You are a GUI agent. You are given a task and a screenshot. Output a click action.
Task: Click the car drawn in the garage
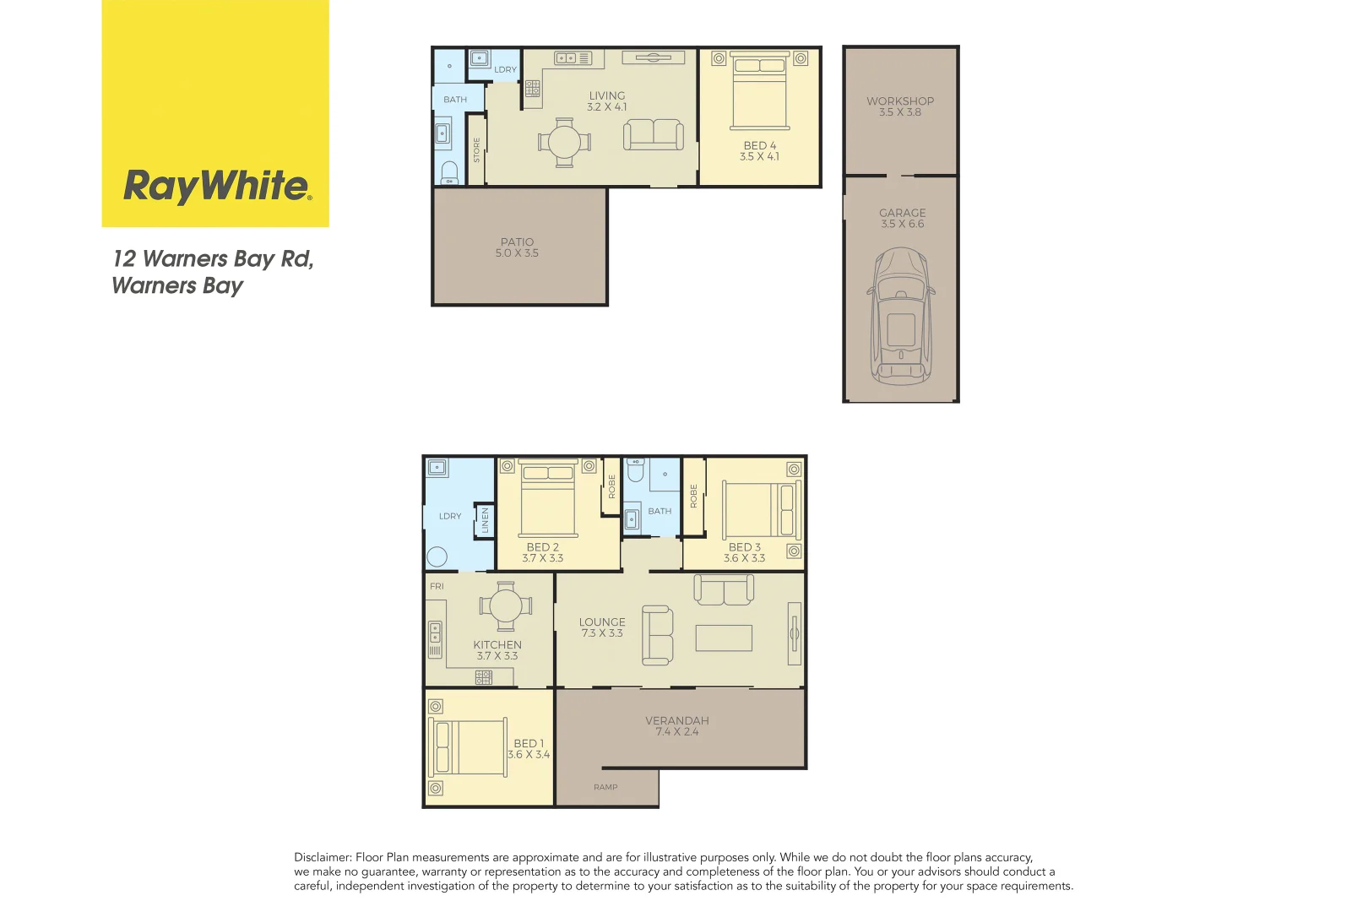coord(901,317)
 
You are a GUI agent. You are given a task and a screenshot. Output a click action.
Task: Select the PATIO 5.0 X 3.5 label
coord(517,247)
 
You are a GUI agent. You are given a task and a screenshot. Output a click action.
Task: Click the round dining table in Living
coord(564,142)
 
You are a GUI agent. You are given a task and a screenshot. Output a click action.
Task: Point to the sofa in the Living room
coord(654,135)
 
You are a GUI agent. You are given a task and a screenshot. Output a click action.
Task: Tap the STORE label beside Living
coord(476,150)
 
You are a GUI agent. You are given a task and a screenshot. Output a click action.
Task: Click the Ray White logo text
coord(217,186)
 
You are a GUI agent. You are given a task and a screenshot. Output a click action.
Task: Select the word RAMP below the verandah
coord(605,787)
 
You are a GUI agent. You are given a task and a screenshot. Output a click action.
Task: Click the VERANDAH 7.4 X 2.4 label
coord(676,726)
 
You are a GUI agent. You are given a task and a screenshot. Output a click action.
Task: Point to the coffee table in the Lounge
coord(724,638)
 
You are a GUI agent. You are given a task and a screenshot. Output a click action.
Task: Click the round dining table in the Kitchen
coord(506,605)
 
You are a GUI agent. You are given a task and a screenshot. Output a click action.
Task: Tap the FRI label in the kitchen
coord(437,586)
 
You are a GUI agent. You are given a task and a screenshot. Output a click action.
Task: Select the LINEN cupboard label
coord(486,520)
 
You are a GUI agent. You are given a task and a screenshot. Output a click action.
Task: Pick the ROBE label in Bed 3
coord(694,496)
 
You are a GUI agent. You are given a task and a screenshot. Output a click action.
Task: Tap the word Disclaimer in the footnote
coord(321,857)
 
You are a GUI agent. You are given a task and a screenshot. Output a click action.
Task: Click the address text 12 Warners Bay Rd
coord(213,259)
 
